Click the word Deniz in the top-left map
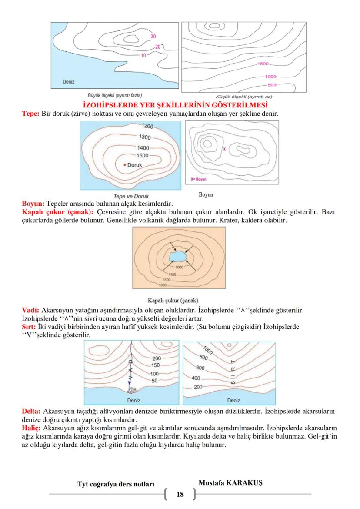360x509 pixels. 68,82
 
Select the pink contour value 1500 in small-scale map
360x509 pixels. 263,64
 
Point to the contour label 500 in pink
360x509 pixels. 272,85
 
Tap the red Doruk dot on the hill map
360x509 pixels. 124,165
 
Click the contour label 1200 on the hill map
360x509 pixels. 148,127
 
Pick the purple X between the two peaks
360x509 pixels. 224,149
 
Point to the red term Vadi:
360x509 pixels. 30,310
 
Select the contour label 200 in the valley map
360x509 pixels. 157,358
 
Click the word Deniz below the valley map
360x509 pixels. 133,400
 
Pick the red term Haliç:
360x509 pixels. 31,428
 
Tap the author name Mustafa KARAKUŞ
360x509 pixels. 227,483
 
